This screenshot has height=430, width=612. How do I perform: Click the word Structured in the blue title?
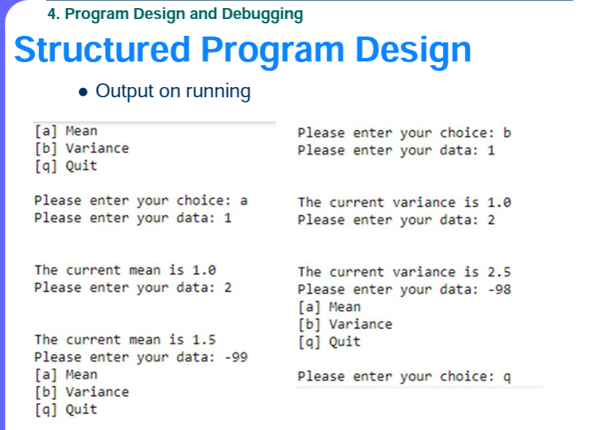tap(102, 50)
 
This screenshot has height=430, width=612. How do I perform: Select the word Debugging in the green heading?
tap(262, 15)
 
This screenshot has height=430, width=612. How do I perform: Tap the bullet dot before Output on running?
tap(83, 92)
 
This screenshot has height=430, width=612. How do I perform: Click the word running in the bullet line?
tap(218, 92)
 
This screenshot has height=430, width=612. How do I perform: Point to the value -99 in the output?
tap(236, 357)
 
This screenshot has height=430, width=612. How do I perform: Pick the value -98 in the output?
tap(499, 290)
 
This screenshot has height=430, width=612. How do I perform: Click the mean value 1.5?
tap(204, 339)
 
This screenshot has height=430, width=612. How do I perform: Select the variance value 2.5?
tap(499, 272)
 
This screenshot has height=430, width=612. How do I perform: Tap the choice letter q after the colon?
tap(507, 377)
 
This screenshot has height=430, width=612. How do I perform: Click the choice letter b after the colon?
tap(507, 133)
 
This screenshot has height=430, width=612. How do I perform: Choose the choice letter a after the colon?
tap(244, 201)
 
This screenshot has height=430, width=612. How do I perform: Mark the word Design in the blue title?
tap(414, 50)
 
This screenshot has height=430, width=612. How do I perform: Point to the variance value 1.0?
tap(499, 203)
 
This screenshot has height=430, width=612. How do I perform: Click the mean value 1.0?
tap(204, 270)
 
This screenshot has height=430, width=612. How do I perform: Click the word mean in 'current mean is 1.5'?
tap(145, 340)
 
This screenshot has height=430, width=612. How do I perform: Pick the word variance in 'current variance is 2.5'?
tap(424, 272)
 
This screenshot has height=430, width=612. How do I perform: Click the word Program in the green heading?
tap(97, 15)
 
